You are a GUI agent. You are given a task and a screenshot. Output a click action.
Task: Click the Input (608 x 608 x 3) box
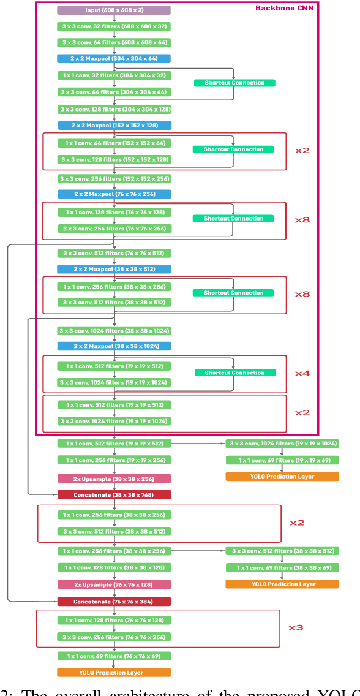pos(114,10)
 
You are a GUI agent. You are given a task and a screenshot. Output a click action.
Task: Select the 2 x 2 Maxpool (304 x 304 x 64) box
pos(114,59)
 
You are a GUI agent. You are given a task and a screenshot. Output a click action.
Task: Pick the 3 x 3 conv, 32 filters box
pos(114,27)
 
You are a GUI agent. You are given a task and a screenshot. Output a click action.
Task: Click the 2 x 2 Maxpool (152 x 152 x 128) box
pos(114,125)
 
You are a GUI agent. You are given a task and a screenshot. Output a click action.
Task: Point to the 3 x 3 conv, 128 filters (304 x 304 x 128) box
pos(114,109)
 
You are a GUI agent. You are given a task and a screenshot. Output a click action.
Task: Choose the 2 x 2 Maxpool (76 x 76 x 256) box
pos(114,194)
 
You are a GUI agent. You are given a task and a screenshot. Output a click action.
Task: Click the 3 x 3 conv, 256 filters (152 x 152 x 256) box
pos(114,179)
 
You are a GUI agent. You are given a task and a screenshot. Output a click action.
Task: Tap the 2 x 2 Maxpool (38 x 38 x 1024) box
pos(114,346)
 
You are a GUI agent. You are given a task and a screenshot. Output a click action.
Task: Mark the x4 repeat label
pos(302,373)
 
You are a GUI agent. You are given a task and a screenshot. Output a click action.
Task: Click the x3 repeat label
pos(296,627)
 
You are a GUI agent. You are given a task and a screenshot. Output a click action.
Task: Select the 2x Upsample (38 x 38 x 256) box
pos(114,478)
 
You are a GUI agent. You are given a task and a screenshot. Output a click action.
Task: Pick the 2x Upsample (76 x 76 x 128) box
pos(114,584)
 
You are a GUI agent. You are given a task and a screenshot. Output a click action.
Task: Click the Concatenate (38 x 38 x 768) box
pos(114,494)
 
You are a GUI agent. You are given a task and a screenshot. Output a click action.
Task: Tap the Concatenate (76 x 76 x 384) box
pos(114,602)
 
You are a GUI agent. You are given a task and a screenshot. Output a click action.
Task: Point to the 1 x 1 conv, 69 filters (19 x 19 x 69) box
pos(282,460)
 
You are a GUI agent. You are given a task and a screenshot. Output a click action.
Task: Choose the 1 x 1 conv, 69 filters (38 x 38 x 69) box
pos(282,568)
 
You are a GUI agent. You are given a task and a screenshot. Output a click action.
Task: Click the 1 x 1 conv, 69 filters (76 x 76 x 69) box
pos(114,656)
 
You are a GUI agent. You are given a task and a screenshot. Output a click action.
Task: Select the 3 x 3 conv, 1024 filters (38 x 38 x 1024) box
pos(114,331)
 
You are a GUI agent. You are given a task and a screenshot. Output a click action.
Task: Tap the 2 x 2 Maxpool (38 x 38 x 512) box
pos(114,269)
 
